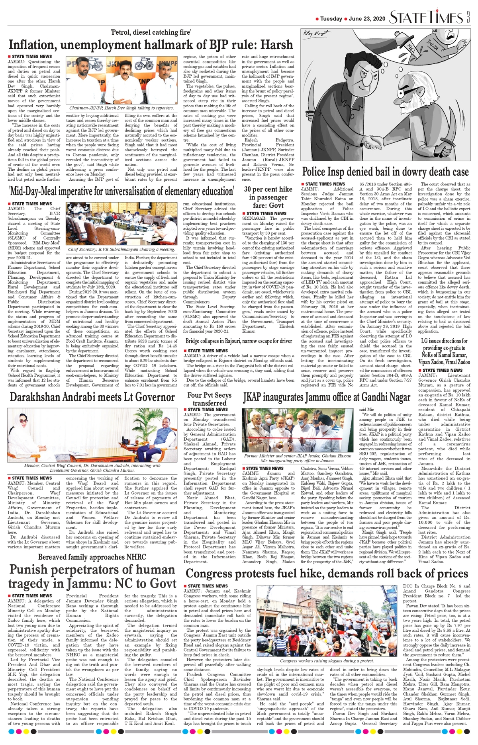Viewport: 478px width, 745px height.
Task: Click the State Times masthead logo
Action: pos(425,18)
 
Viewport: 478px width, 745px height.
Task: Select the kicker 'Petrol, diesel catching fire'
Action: pos(151,32)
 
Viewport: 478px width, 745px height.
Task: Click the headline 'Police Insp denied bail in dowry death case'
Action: pos(385,172)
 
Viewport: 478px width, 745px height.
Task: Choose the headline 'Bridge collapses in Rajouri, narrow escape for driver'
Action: pos(239,341)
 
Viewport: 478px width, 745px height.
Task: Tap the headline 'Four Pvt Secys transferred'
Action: pos(209,399)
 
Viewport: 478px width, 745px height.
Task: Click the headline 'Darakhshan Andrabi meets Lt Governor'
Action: pos(92,397)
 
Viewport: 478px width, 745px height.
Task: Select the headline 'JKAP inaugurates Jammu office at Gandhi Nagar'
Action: pos(327,398)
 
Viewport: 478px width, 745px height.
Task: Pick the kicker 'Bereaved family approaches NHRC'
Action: pos(92,557)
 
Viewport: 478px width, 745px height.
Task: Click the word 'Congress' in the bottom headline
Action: pos(214,574)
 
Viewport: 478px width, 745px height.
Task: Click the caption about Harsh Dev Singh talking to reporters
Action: pos(121,108)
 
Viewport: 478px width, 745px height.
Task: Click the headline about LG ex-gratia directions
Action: pos(444,351)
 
